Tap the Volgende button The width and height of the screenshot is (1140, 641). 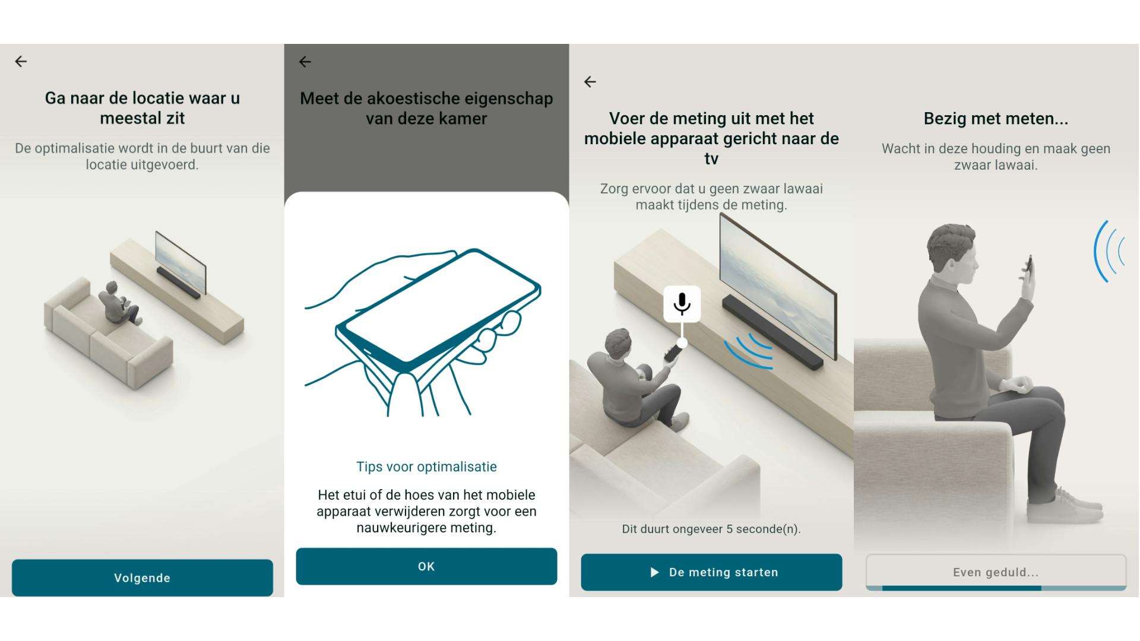coord(142,577)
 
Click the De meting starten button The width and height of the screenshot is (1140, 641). coord(711,572)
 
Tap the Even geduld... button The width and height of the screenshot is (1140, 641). coord(996,572)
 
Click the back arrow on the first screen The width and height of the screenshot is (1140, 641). coord(21,61)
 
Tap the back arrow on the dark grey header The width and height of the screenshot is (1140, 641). coord(305,62)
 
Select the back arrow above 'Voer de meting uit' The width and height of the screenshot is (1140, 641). coord(590,82)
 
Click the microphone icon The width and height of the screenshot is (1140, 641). coord(682,304)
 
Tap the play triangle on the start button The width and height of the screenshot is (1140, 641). coord(654,572)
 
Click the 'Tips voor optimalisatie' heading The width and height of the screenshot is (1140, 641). coord(426,467)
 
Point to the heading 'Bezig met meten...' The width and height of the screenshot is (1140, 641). coord(996,119)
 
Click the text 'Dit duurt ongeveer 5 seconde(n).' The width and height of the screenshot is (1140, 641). coord(711,529)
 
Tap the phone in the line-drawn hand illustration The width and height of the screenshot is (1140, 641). coord(438,311)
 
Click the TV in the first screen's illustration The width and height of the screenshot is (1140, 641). coord(180,262)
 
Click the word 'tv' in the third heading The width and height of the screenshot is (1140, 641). coord(711,159)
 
